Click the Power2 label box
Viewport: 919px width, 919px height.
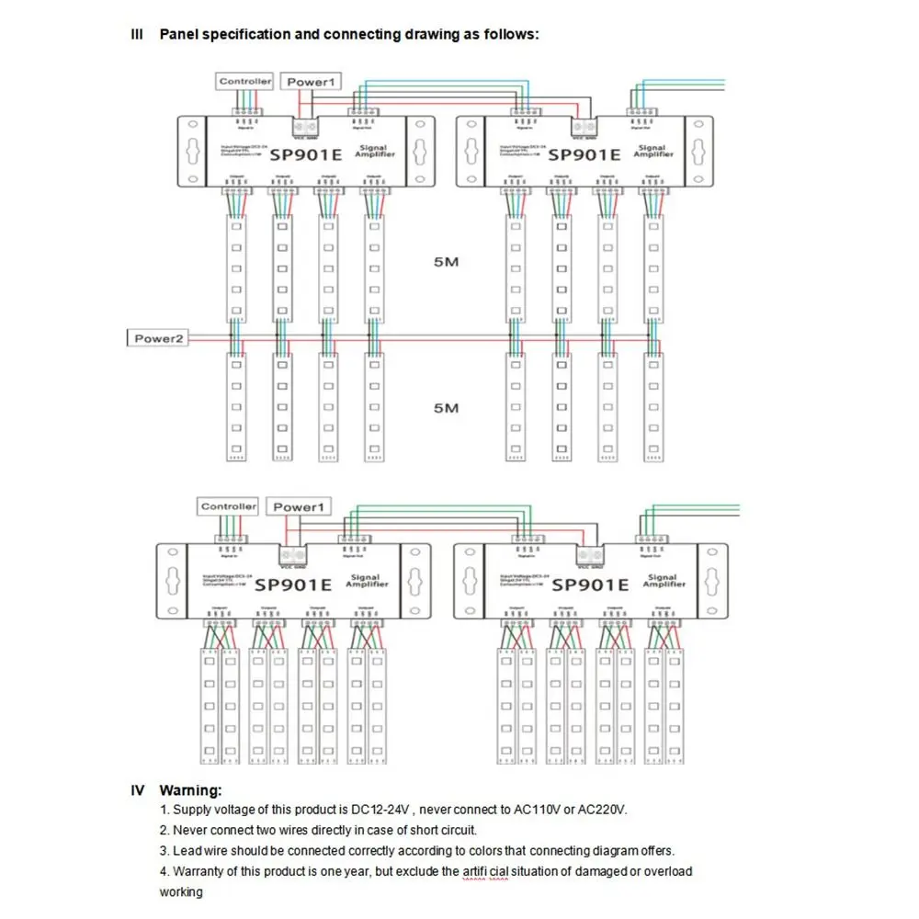pos(160,338)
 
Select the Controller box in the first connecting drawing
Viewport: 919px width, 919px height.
pos(245,82)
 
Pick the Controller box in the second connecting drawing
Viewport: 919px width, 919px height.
pos(229,506)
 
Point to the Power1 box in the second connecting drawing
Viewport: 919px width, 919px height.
pos(300,506)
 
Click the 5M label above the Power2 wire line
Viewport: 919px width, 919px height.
pos(446,263)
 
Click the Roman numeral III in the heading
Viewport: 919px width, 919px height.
pos(138,35)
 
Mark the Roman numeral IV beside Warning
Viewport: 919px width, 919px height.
pos(138,789)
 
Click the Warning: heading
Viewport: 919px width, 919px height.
pos(190,789)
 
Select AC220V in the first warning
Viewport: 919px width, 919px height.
pos(602,810)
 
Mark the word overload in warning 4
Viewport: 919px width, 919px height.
pos(668,871)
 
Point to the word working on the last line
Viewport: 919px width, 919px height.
pos(181,891)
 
